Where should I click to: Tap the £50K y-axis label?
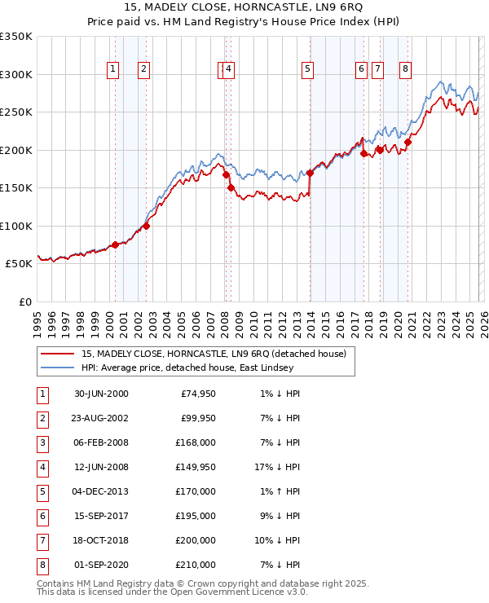click(x=19, y=264)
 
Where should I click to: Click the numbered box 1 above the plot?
click(x=112, y=69)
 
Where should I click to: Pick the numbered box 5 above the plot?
click(x=307, y=69)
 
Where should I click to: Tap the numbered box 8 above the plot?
click(x=405, y=69)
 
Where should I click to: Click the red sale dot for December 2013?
click(x=310, y=173)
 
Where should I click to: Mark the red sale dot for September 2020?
click(x=407, y=143)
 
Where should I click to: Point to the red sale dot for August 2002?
click(x=146, y=226)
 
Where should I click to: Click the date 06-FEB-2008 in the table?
click(x=101, y=442)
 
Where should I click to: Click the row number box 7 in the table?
click(x=41, y=540)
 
